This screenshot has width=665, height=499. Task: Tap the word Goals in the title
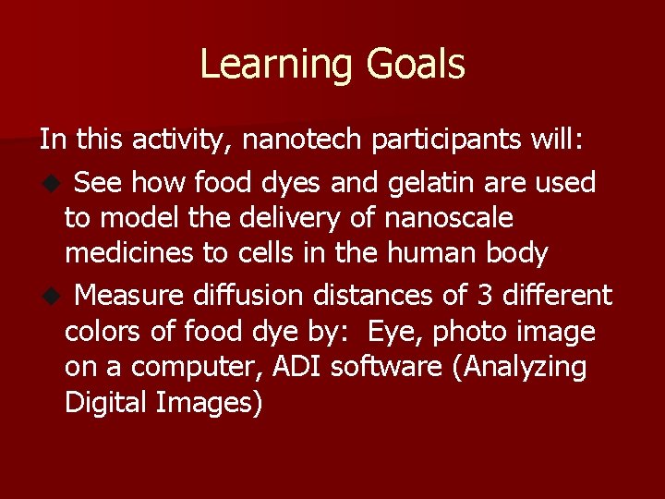pyautogui.click(x=416, y=65)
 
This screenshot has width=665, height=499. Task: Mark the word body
pyautogui.click(x=514, y=253)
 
